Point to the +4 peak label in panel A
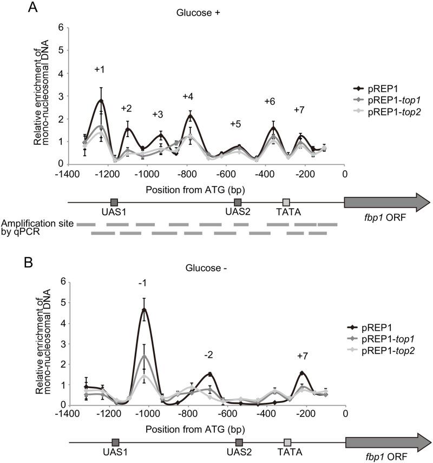(x=188, y=97)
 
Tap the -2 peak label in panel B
(x=209, y=355)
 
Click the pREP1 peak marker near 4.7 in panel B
(x=144, y=310)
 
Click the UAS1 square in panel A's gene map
(x=114, y=202)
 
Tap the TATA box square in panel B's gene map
(x=287, y=442)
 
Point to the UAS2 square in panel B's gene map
(x=239, y=442)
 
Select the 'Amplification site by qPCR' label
(x=35, y=228)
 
